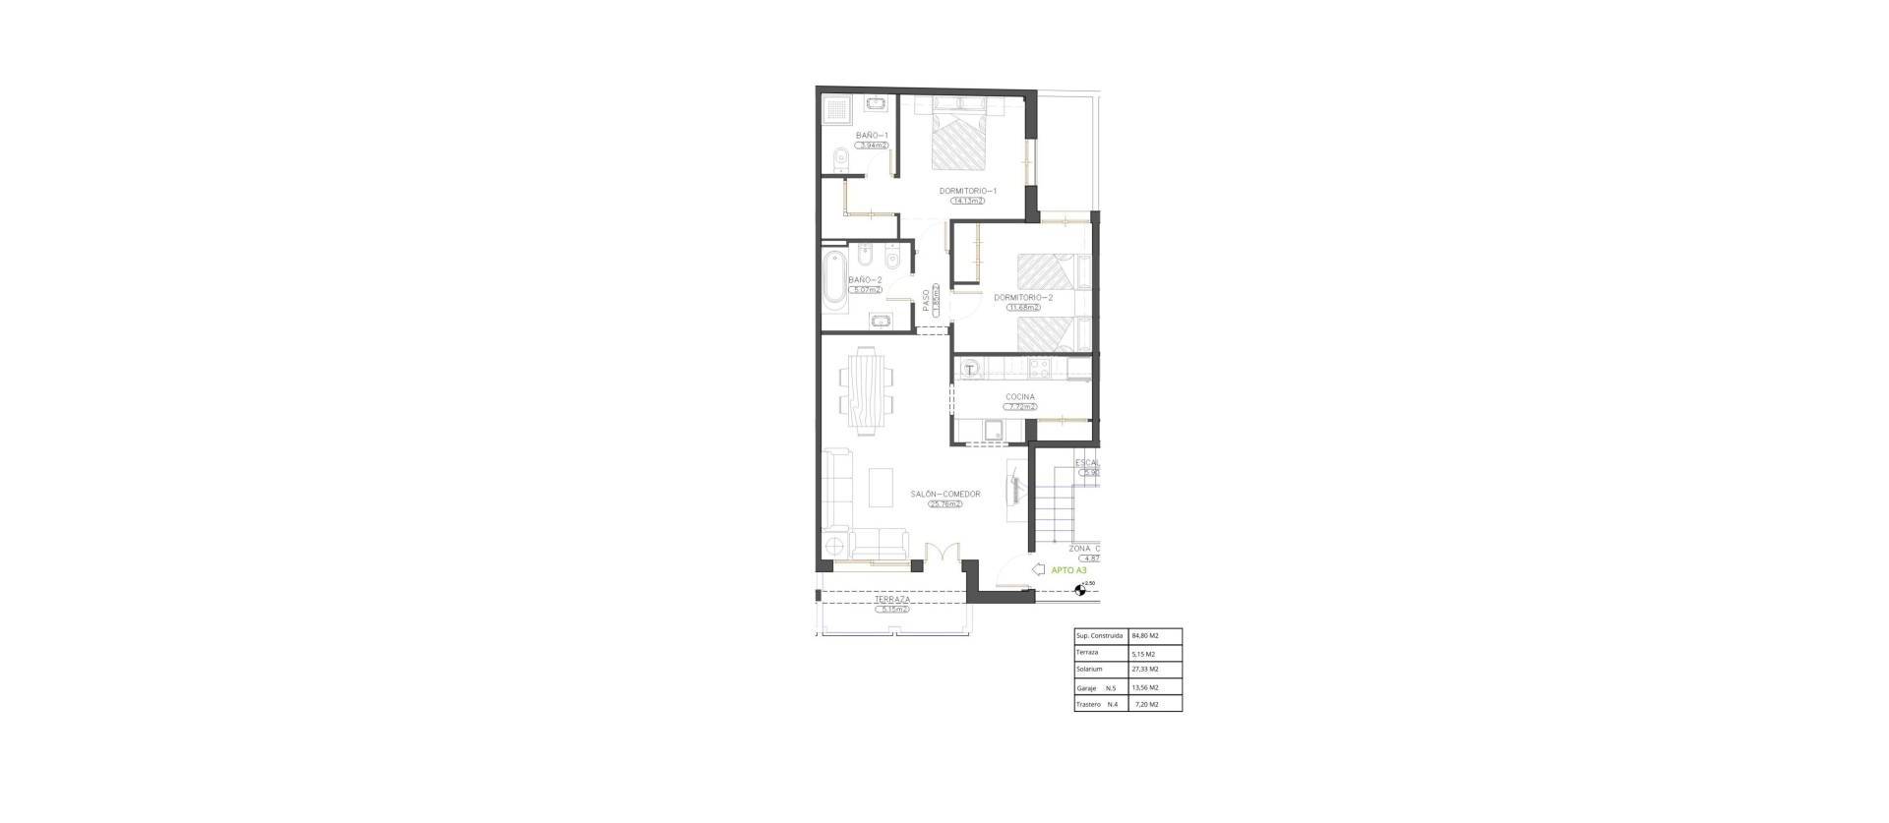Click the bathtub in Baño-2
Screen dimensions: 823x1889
coord(835,281)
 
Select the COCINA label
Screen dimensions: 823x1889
coord(1019,397)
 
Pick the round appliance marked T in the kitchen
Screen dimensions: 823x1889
coord(970,370)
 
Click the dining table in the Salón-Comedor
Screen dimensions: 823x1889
coord(179,391)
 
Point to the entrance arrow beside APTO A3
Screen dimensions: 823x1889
coord(1037,569)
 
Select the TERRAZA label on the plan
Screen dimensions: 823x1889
coord(207,599)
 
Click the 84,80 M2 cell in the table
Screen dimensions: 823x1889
coord(1145,636)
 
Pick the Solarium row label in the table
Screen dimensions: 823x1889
coord(1089,670)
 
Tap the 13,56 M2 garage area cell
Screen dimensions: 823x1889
coord(1145,687)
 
